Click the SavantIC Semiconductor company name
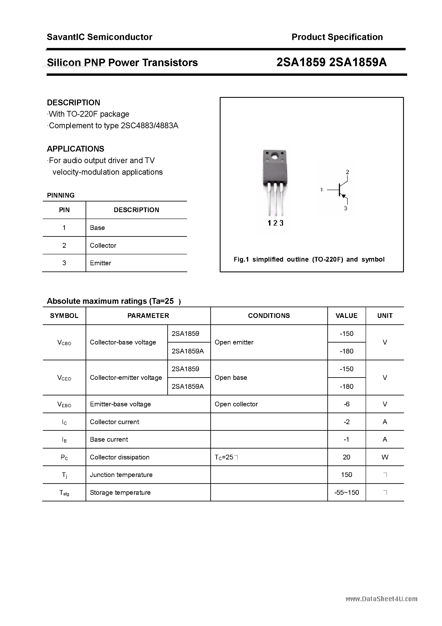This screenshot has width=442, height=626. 99,37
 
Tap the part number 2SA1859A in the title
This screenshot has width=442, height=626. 358,63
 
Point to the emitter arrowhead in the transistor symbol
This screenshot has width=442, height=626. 344,196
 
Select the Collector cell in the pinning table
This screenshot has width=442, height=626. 103,245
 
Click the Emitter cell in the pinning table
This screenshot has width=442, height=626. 101,263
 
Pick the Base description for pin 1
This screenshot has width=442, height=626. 97,228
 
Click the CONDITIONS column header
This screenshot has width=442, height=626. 269,316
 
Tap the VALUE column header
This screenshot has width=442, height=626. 346,316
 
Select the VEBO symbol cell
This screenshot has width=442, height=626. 64,404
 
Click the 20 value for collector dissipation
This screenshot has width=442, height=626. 346,457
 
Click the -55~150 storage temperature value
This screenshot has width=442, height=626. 346,492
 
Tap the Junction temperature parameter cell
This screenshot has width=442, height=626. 121,475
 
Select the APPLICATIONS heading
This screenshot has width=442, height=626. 76,149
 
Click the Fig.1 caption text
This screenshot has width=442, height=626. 309,259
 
